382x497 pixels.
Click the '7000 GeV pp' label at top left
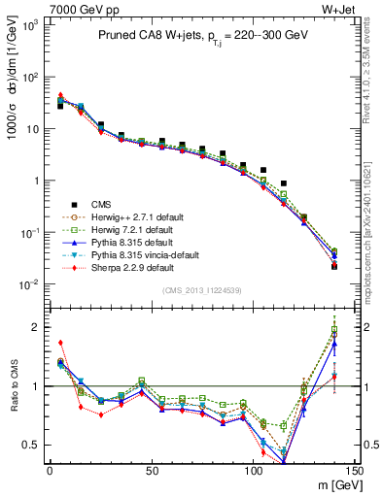pyautogui.click(x=34, y=9)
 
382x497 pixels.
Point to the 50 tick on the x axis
pyautogui.click(x=151, y=470)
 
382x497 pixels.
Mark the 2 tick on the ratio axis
pyautogui.click(x=39, y=327)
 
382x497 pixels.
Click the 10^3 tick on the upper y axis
pyautogui.click(x=33, y=24)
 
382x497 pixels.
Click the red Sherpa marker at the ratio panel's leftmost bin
pyautogui.click(x=60, y=343)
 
